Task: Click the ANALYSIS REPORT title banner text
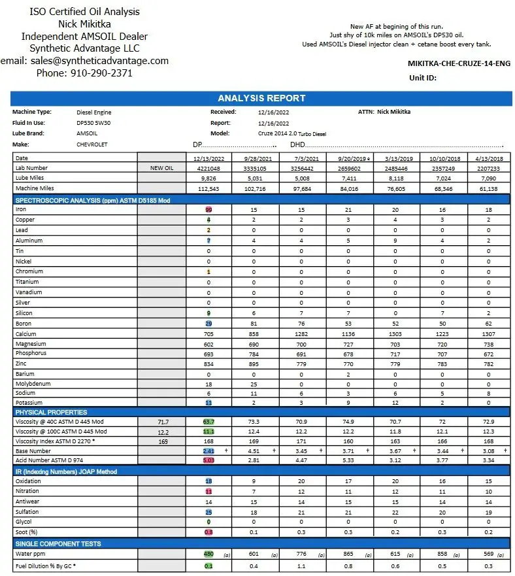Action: click(x=261, y=99)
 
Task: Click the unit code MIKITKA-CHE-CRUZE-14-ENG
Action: click(x=459, y=64)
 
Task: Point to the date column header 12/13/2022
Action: click(x=209, y=158)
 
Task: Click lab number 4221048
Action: click(x=209, y=168)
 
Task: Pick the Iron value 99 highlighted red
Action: click(x=209, y=210)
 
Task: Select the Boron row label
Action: click(x=24, y=324)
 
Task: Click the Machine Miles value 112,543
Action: click(x=209, y=189)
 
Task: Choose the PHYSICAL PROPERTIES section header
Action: click(x=51, y=413)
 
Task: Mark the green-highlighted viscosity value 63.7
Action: click(x=209, y=422)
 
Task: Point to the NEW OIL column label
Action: click(x=161, y=168)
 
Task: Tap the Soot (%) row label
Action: click(x=27, y=532)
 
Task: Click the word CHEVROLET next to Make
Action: click(x=92, y=144)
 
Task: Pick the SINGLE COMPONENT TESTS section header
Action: click(x=58, y=544)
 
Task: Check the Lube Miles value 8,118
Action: click(x=395, y=178)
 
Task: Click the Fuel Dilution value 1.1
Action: click(x=302, y=566)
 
